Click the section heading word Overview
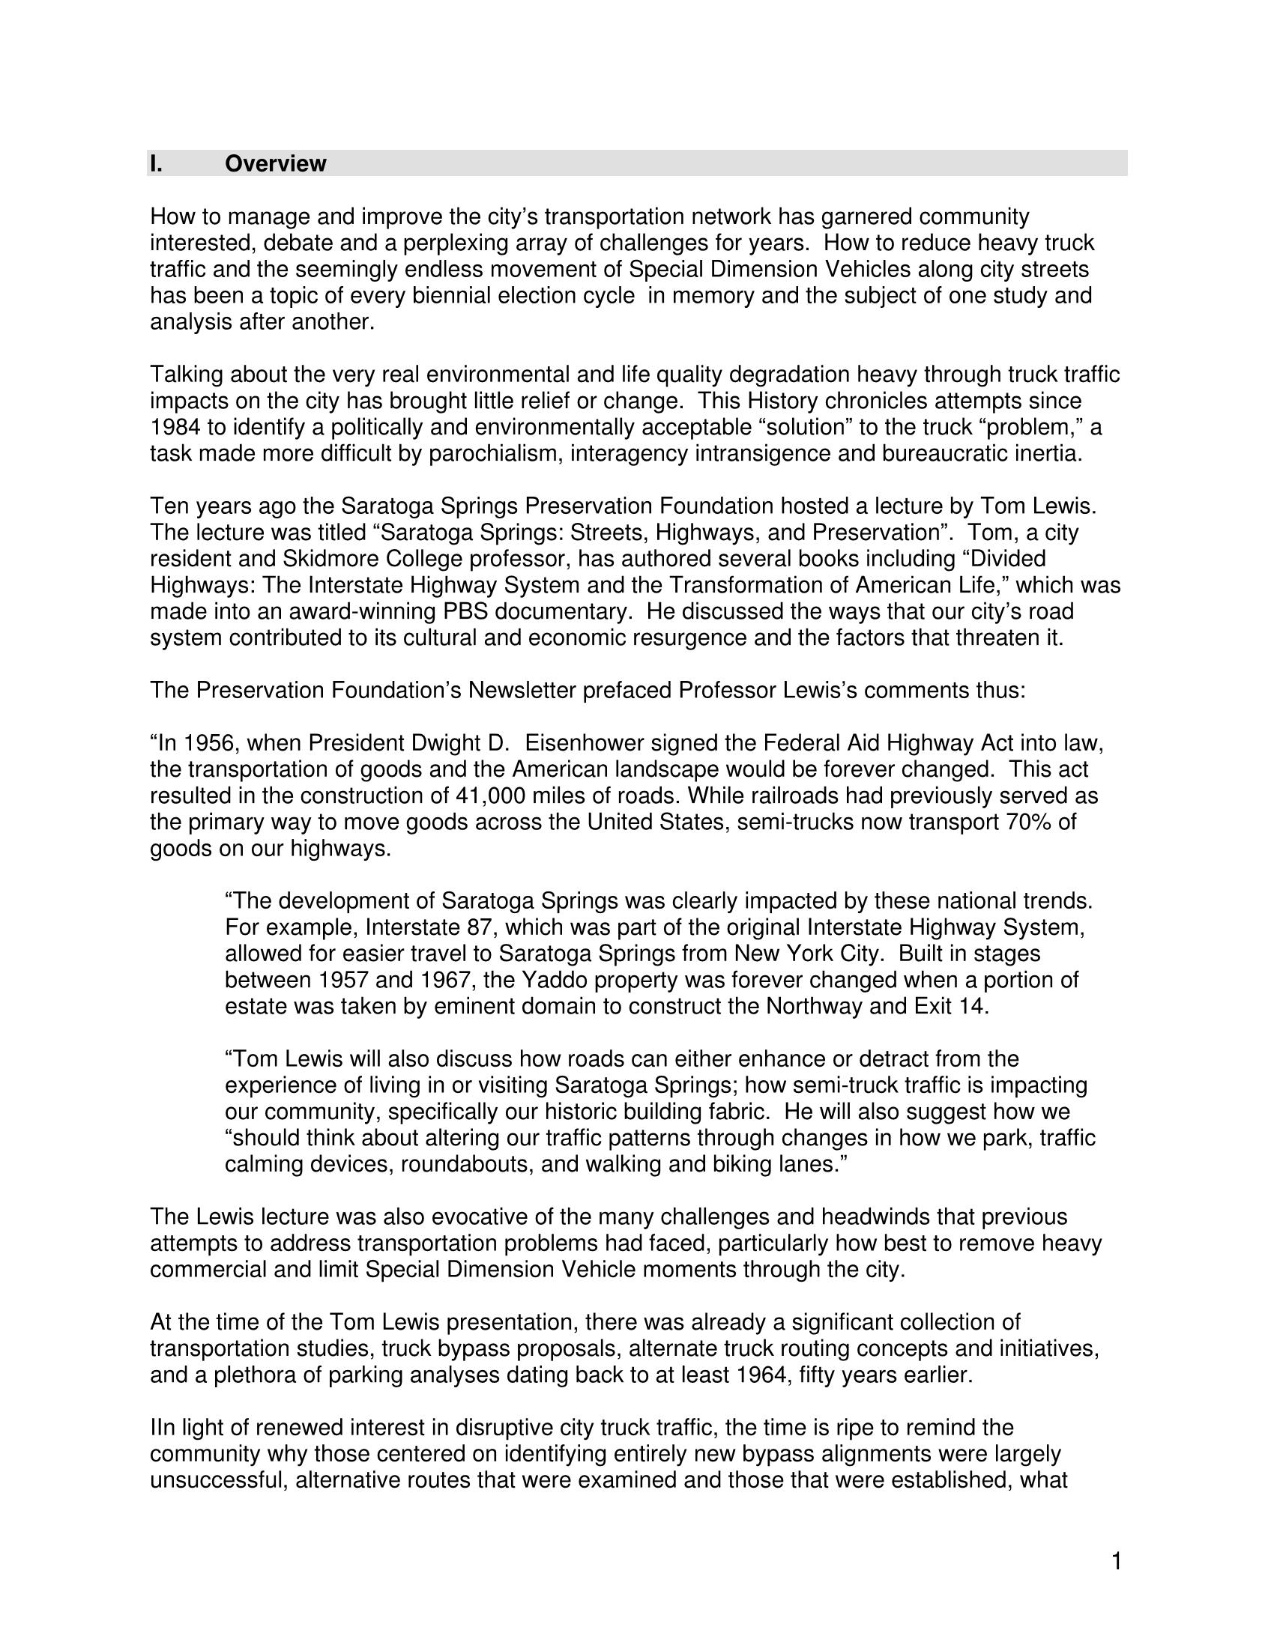[276, 164]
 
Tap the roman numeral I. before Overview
[155, 164]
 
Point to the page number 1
[1117, 1561]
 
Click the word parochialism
[494, 454]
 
